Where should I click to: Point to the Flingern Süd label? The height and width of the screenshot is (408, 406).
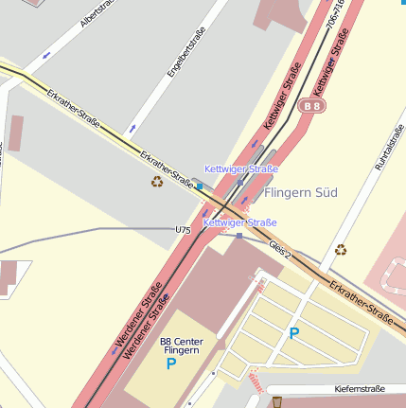[301, 192]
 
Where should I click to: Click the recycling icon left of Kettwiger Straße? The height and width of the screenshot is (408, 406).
[157, 181]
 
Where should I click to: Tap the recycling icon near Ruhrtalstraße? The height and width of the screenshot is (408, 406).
[340, 250]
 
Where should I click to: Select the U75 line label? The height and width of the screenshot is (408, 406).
[183, 230]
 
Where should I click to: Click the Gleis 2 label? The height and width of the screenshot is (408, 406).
[280, 250]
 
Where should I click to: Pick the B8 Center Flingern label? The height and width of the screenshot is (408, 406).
[180, 346]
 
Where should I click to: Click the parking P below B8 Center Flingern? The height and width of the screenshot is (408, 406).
[171, 364]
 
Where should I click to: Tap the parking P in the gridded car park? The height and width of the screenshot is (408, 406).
[293, 332]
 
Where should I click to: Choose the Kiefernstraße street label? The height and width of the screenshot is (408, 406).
[360, 389]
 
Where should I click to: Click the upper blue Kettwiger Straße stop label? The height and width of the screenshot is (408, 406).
[241, 169]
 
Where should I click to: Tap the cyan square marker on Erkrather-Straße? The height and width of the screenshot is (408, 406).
[200, 186]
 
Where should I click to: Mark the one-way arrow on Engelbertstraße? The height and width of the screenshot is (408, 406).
[132, 127]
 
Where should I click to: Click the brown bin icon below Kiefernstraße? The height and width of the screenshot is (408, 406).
[277, 402]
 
